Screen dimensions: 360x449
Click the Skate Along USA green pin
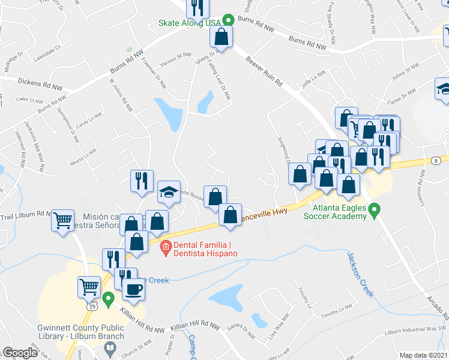[x=228, y=19]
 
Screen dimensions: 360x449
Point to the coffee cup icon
[x=133, y=289]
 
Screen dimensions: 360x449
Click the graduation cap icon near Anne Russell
[x=169, y=192]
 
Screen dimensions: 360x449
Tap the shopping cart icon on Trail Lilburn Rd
[x=62, y=220]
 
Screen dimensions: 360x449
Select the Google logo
[x=20, y=352]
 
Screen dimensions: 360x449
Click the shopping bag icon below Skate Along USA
[x=221, y=36]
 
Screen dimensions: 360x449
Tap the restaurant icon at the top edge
[x=197, y=7]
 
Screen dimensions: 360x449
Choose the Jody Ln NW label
[x=313, y=80]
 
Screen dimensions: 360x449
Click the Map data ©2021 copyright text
[x=423, y=355]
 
